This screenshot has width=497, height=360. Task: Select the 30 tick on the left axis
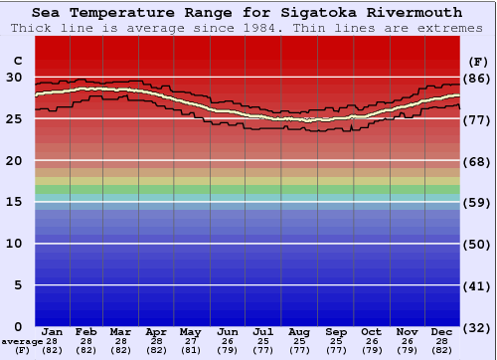click(x=14, y=77)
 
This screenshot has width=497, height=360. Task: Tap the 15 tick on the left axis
click(x=14, y=202)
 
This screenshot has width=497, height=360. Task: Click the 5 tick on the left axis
click(x=18, y=285)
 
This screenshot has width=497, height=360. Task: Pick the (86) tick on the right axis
click(x=478, y=78)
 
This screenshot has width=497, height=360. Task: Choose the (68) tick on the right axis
click(x=478, y=161)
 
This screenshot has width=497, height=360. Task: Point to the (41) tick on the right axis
click(x=478, y=286)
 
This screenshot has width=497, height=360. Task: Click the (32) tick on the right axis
click(x=478, y=327)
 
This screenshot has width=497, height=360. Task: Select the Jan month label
click(x=53, y=331)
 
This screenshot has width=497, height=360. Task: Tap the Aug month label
click(x=299, y=331)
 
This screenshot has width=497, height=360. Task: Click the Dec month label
click(x=442, y=331)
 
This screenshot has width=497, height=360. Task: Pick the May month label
click(x=191, y=331)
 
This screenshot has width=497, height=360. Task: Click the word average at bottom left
click(x=22, y=341)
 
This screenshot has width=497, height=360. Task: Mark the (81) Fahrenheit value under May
click(x=191, y=350)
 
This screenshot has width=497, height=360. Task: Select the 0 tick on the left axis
click(x=18, y=326)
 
